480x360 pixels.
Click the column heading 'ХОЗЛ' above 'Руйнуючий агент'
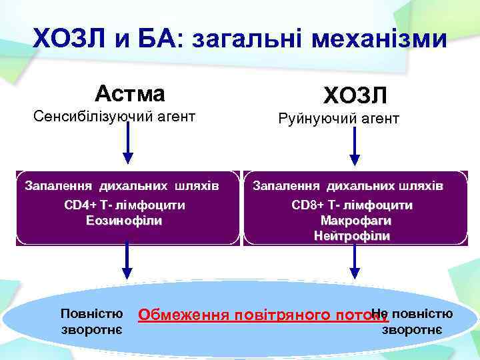click(354, 95)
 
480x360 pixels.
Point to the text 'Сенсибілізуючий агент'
click(115, 117)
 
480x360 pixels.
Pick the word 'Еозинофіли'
click(125, 220)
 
